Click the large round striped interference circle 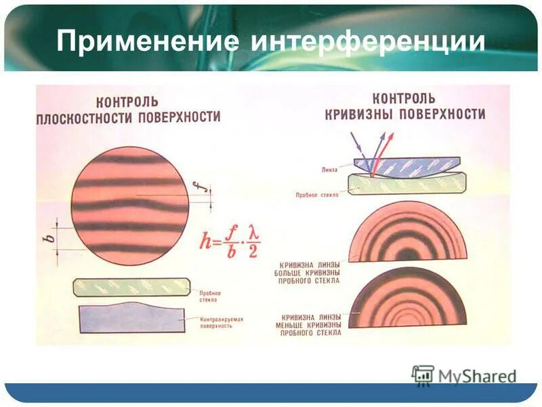coord(129,206)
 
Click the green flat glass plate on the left coord(131,286)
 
